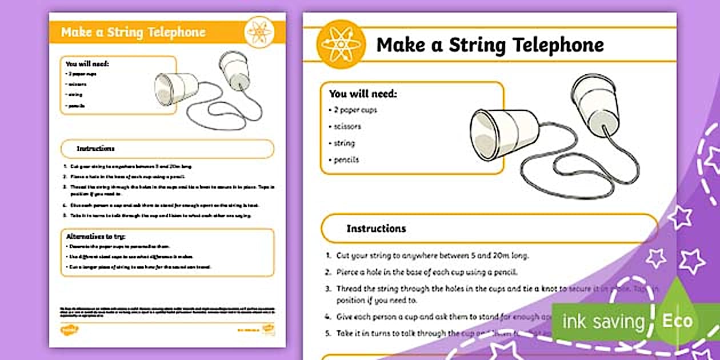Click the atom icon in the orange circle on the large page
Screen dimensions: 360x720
click(341, 45)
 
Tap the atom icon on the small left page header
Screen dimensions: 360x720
click(259, 32)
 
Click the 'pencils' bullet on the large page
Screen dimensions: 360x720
click(346, 159)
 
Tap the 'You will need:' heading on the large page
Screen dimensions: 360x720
click(362, 93)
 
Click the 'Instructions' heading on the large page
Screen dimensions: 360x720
click(376, 228)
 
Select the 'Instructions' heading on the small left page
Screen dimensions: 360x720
click(95, 149)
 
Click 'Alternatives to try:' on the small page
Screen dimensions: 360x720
click(95, 236)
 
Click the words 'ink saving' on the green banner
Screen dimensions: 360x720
click(603, 322)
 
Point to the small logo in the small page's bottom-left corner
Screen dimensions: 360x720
click(69, 330)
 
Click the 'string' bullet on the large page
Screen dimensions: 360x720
click(345, 143)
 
